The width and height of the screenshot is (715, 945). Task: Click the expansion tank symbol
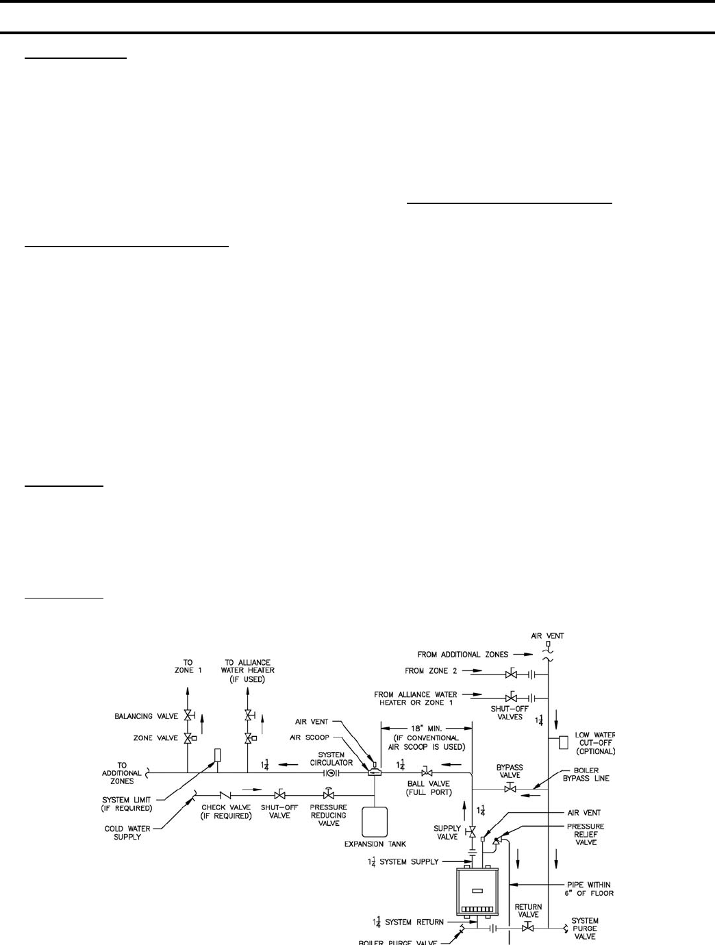tap(375, 824)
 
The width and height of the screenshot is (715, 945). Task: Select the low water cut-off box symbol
tap(563, 742)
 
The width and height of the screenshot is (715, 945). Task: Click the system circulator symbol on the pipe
tap(331, 772)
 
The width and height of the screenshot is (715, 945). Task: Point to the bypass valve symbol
tap(510, 789)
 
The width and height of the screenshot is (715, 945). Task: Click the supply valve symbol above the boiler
tap(472, 832)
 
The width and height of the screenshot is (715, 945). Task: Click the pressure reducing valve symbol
tap(329, 794)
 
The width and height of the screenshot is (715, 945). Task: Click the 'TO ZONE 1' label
tap(188, 667)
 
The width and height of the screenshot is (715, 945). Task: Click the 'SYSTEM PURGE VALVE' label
tap(585, 929)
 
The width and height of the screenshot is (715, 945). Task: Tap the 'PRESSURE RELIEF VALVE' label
tap(586, 834)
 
